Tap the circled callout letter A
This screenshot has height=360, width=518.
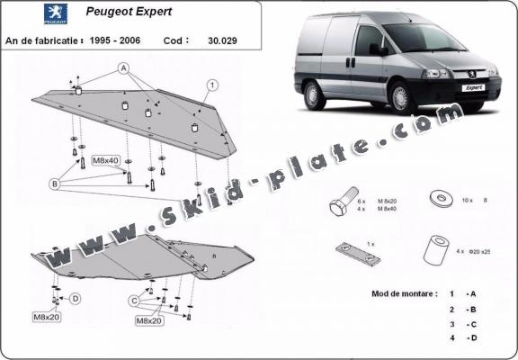122,68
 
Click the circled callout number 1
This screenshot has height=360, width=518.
212,85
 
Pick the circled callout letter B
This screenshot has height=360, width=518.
55,184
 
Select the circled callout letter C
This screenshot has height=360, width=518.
133,299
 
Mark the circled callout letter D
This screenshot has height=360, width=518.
76,298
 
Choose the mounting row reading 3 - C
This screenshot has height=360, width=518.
460,324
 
